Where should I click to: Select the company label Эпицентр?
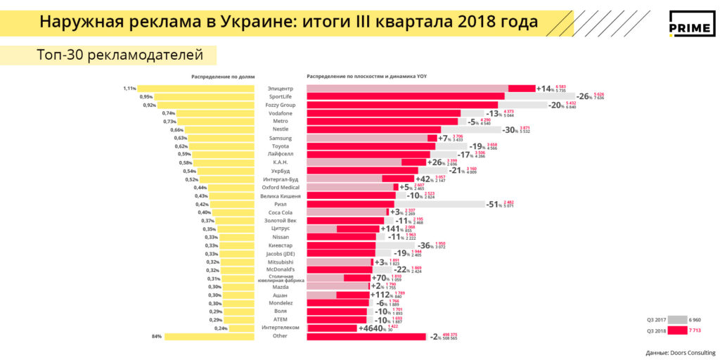point(280,89)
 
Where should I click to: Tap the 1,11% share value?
point(129,89)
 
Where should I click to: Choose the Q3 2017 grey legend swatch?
point(677,320)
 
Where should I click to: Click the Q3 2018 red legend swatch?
point(677,330)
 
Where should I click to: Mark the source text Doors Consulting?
point(681,352)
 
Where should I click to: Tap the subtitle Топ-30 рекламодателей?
point(120,54)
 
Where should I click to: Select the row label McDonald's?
point(280,270)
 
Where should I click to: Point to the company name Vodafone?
point(280,113)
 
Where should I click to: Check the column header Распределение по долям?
point(222,76)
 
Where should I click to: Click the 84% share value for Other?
point(156,336)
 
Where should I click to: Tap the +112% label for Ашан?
point(394,295)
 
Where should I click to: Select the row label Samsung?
point(280,138)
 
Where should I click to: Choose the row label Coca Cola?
point(280,212)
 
